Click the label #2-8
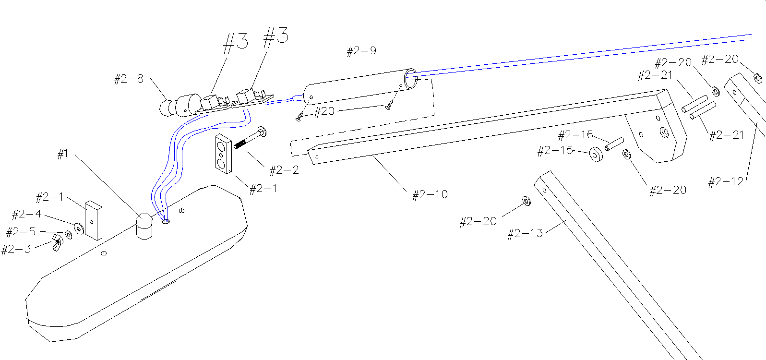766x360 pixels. [x=129, y=79]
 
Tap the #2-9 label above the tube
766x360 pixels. [x=361, y=51]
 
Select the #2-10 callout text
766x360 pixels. [x=430, y=194]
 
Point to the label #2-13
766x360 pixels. [x=525, y=234]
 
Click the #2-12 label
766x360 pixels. [x=726, y=182]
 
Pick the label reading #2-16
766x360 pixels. [x=575, y=135]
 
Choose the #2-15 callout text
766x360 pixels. [x=555, y=151]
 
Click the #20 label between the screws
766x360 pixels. [x=324, y=112]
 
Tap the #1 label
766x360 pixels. [x=63, y=154]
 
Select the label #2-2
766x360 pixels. [x=284, y=170]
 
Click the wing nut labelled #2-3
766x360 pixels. [x=57, y=243]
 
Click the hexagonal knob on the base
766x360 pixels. [x=144, y=226]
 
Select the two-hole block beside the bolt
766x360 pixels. [x=223, y=154]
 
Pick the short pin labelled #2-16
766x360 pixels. [x=614, y=144]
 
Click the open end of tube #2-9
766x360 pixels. [x=411, y=80]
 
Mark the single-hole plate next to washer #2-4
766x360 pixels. [x=93, y=220]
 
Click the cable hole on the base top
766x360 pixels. [x=166, y=222]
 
